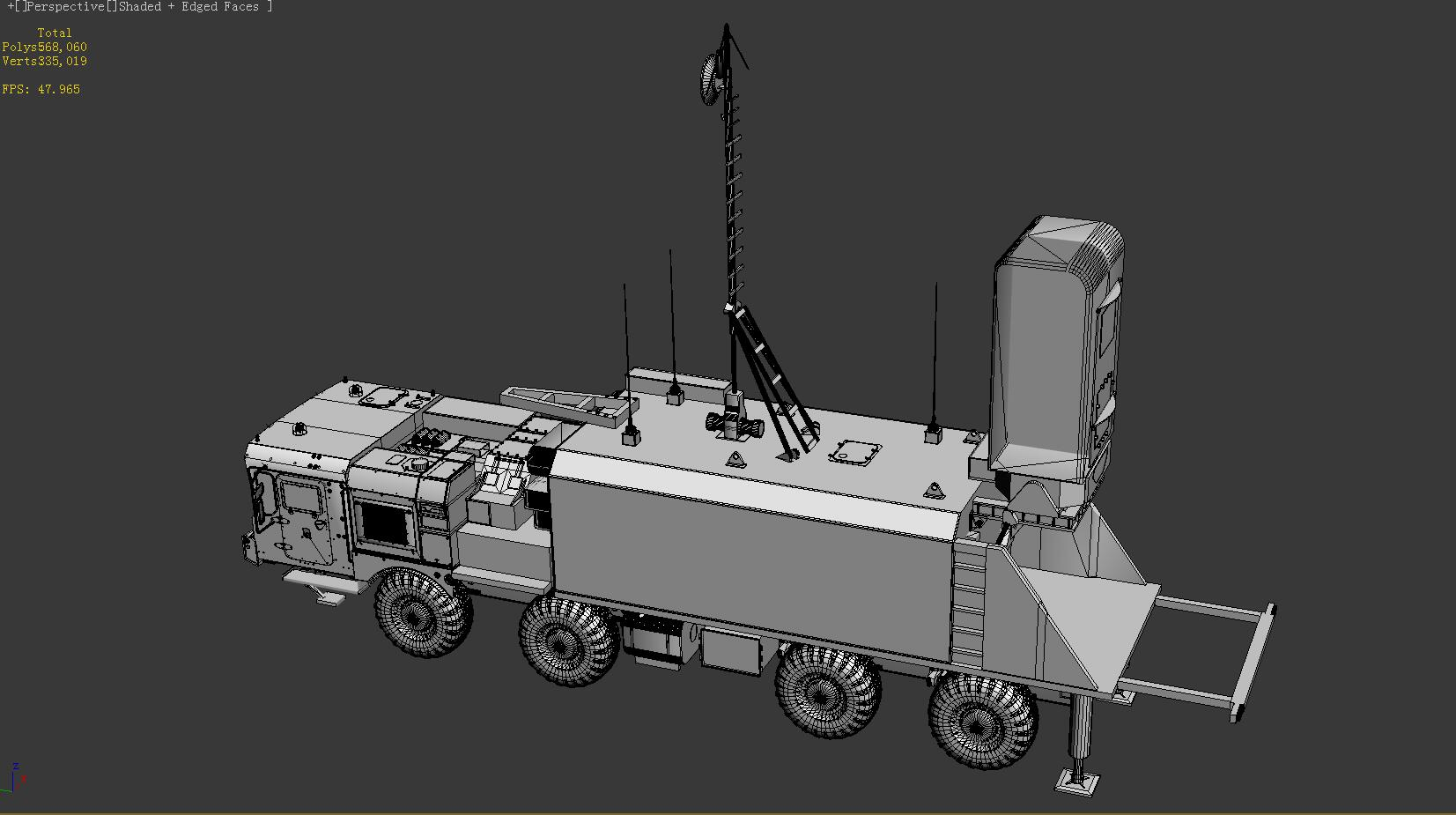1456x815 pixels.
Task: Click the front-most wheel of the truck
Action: point(422,611)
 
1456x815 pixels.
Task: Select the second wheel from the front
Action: point(569,641)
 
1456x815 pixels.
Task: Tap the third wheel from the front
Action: point(828,691)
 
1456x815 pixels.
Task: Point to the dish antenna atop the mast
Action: point(710,79)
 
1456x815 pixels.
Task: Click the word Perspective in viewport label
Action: point(66,7)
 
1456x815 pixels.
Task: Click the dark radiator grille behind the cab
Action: point(384,523)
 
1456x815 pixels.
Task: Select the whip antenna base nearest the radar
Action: point(933,433)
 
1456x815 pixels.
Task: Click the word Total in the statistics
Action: point(55,33)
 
